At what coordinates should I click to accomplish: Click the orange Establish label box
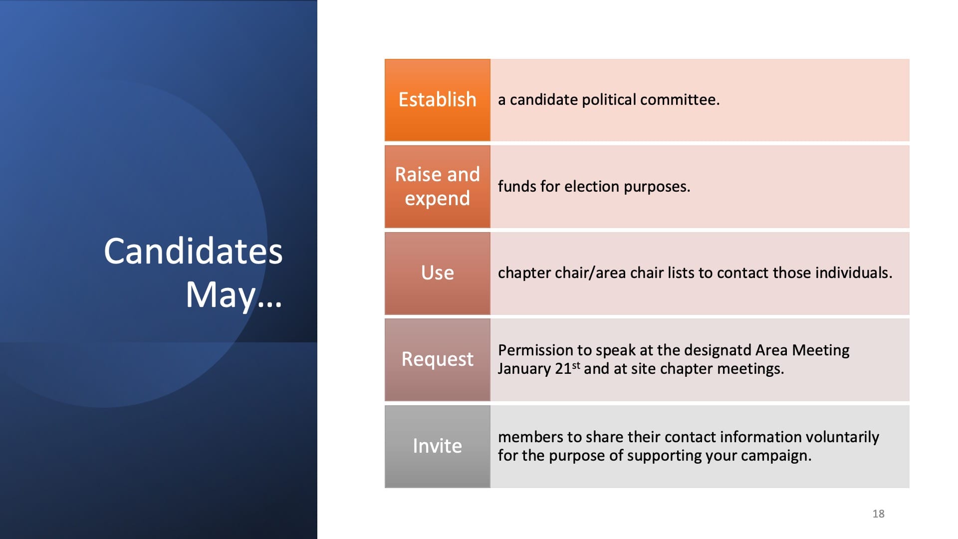[437, 100]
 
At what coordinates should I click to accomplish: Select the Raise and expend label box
[437, 187]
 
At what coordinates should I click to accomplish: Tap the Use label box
[437, 273]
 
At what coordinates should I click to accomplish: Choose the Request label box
[437, 359]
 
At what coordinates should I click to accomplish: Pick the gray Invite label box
[437, 446]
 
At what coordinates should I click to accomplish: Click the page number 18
[878, 514]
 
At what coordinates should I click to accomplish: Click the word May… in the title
[234, 295]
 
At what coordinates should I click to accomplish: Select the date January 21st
[539, 368]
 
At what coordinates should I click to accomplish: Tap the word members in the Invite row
[530, 437]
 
